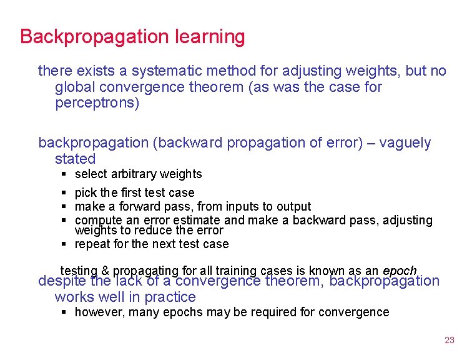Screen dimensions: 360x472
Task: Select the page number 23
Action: pyautogui.click(x=450, y=340)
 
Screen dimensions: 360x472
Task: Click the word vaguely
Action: pyautogui.click(x=404, y=143)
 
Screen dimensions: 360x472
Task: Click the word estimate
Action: pyautogui.click(x=198, y=220)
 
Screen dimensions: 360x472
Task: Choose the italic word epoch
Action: pyautogui.click(x=400, y=271)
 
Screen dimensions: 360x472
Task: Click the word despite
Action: pyautogui.click(x=62, y=281)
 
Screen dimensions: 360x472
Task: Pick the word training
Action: pyautogui.click(x=236, y=271)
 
